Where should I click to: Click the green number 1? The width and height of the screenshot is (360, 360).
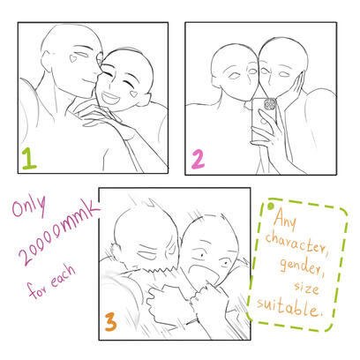pyautogui.click(x=29, y=159)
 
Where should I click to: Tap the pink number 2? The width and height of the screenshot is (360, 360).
pyautogui.click(x=199, y=159)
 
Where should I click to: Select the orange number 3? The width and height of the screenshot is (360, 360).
pyautogui.click(x=110, y=322)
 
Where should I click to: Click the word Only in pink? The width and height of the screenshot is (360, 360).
pyautogui.click(x=29, y=206)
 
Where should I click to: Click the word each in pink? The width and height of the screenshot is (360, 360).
pyautogui.click(x=63, y=276)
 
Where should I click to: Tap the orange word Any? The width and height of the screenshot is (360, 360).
pyautogui.click(x=285, y=219)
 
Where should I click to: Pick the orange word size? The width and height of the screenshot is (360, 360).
pyautogui.click(x=306, y=288)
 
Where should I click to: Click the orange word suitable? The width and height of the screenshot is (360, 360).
pyautogui.click(x=288, y=307)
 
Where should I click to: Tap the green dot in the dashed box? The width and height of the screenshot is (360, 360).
pyautogui.click(x=271, y=206)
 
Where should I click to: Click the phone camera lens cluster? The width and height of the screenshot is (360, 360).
pyautogui.click(x=270, y=104)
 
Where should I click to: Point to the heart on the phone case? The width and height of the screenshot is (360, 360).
pyautogui.click(x=261, y=120)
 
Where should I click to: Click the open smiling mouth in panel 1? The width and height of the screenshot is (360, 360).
pyautogui.click(x=110, y=98)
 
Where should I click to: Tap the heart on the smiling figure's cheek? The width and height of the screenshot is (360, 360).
pyautogui.click(x=134, y=94)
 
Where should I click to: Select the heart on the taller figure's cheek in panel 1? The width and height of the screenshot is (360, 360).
pyautogui.click(x=72, y=58)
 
